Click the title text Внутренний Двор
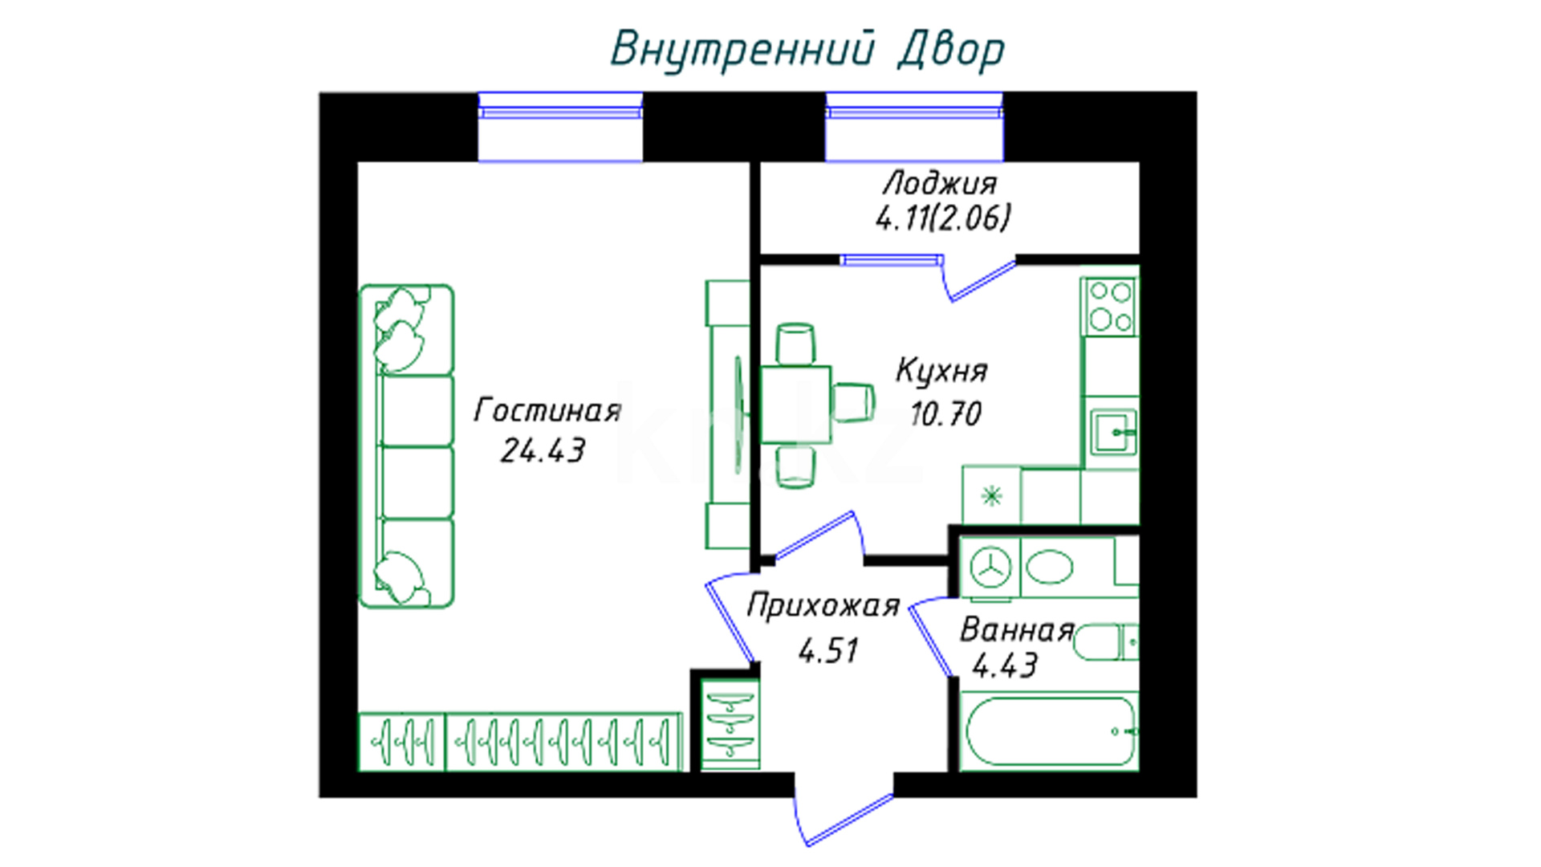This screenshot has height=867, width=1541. (807, 50)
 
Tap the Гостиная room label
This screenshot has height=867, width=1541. (548, 410)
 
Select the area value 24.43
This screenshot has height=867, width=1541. (543, 451)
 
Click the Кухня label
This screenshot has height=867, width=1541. (941, 372)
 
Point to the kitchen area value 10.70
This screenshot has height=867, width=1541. (945, 414)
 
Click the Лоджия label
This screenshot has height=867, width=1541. (940, 184)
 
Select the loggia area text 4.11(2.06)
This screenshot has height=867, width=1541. (943, 218)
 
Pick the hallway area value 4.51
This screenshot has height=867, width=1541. (828, 650)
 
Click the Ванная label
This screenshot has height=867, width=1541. (1017, 631)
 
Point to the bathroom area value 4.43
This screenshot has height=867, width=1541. (1005, 666)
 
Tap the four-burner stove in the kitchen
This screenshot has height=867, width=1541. (1111, 307)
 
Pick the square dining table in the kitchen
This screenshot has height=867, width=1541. (795, 405)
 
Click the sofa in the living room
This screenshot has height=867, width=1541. (406, 446)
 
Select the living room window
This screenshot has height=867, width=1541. (560, 127)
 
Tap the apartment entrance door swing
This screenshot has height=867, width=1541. (843, 811)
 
